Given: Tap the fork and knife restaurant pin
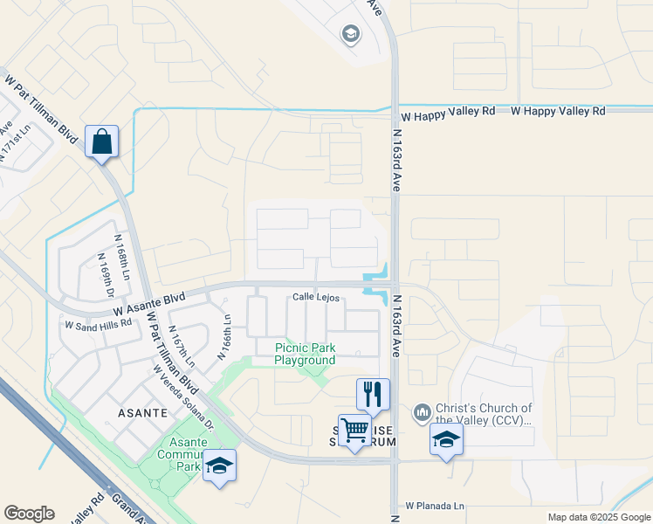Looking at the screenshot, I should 373,394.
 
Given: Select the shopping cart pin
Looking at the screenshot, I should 354,431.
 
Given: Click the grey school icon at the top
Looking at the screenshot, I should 350,34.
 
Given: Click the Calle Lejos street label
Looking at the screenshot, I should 315,298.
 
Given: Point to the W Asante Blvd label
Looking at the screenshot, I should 149,304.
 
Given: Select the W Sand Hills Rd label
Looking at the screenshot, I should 98,323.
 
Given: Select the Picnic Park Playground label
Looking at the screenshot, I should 305,354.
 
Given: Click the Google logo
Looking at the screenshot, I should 29,514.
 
